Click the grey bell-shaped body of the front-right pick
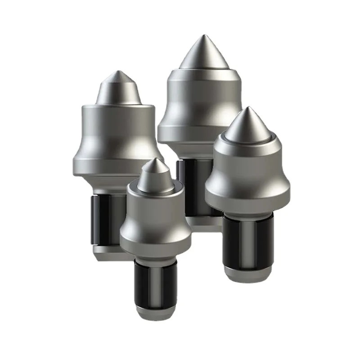247,180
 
